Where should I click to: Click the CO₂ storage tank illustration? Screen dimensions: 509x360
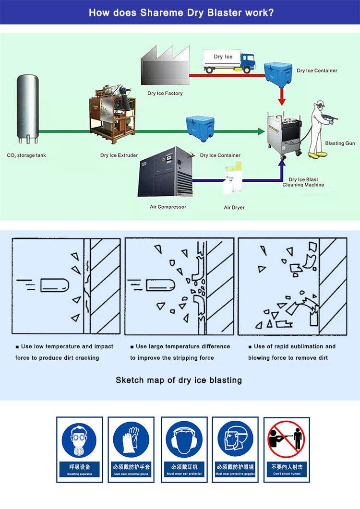pyautogui.click(x=27, y=108)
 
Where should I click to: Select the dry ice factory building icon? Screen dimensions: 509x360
pyautogui.click(x=164, y=67)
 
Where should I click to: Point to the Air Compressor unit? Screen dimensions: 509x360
pyautogui.click(x=165, y=171)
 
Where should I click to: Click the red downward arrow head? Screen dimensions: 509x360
pyautogui.click(x=283, y=101)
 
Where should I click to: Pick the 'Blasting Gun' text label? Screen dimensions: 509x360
pyautogui.click(x=340, y=143)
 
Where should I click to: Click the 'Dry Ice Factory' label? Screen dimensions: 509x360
pyautogui.click(x=165, y=94)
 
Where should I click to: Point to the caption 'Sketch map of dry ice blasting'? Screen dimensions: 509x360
pyautogui.click(x=179, y=380)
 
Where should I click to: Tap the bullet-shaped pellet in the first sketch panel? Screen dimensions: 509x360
pyautogui.click(x=54, y=285)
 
